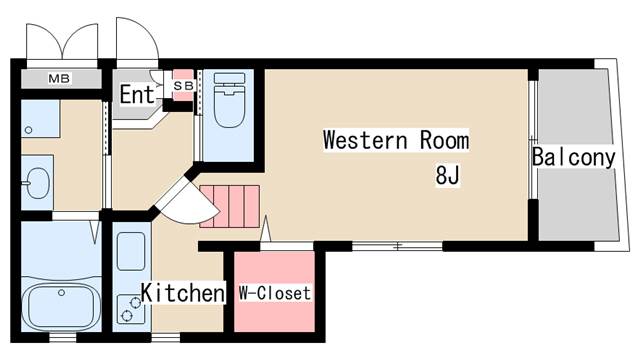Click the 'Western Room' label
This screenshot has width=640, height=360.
[x=395, y=140]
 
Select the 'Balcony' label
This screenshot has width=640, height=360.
[x=573, y=158]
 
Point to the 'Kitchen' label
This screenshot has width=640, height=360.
[x=182, y=293]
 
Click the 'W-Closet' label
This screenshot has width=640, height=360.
[x=275, y=294]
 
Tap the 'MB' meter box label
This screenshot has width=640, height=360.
[x=59, y=78]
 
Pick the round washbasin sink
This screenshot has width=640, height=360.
[x=38, y=183]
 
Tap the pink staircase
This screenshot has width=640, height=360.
[x=230, y=204]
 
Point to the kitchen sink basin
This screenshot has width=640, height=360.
[x=131, y=251]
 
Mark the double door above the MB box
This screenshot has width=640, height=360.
[x=61, y=40]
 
